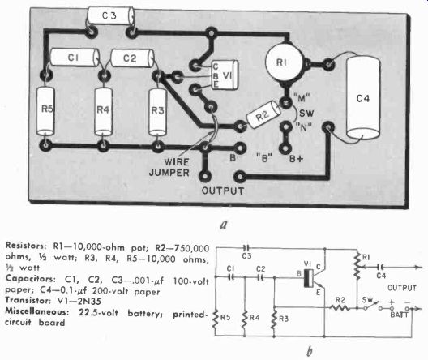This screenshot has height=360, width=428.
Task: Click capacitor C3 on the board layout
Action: coord(110,15)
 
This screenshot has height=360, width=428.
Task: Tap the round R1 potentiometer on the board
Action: coord(284,62)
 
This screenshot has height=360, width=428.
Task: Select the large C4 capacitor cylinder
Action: coord(363,97)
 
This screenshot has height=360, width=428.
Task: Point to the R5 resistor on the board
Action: coord(45,111)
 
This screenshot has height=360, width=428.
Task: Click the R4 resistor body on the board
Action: coord(103,111)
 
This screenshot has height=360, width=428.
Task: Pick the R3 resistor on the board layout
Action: coord(157,111)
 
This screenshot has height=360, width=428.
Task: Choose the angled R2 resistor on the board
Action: coord(263,115)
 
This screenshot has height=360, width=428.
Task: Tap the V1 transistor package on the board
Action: coord(225,75)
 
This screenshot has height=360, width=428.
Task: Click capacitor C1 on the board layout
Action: coord(75,58)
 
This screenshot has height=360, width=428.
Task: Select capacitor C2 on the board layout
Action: coord(132,58)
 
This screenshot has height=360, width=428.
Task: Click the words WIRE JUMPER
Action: coord(169,167)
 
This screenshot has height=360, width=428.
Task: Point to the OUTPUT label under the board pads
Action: coord(223,191)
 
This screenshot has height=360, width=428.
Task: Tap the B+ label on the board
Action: coord(296,159)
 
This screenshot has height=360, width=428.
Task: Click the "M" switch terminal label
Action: coord(302,97)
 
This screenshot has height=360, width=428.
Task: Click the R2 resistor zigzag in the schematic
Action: coord(340,308)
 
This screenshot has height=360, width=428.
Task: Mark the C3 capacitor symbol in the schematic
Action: coord(246,248)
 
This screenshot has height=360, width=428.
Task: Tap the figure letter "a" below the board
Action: coord(224,225)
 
